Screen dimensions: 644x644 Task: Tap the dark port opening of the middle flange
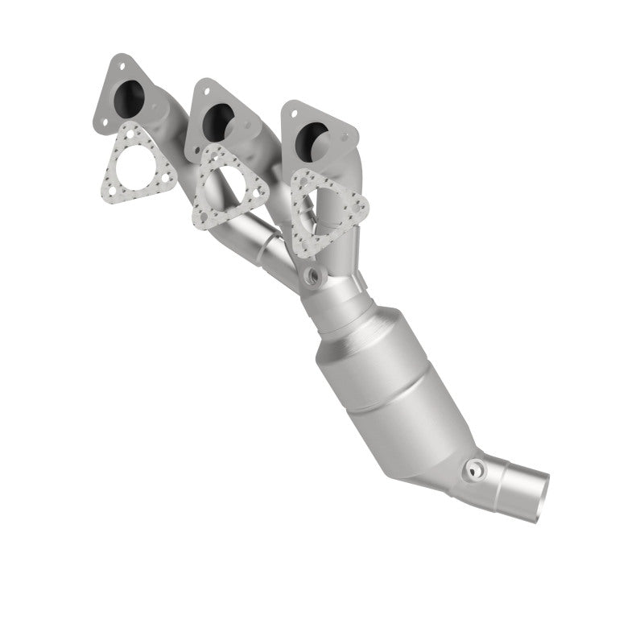[x=216, y=122]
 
